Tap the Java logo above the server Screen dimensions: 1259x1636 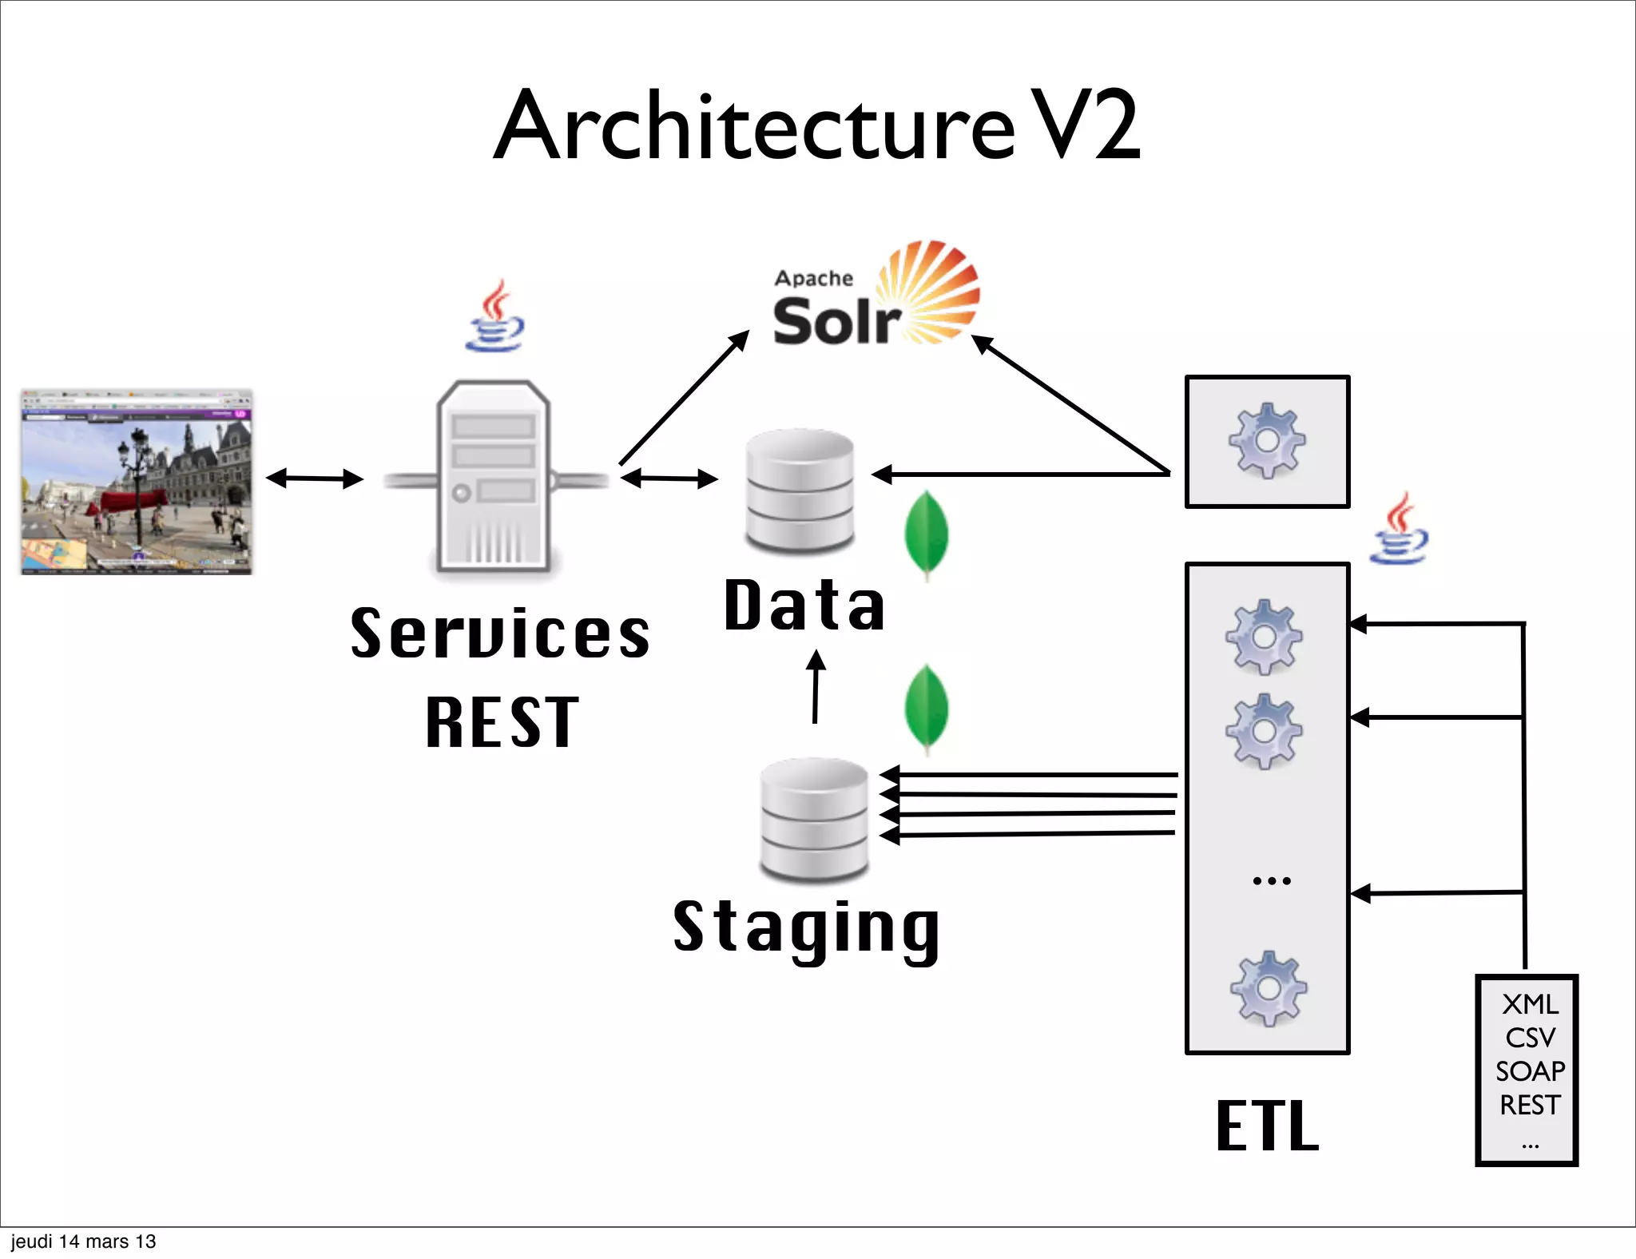click(495, 317)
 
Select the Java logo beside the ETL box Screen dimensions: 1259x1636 click(1399, 529)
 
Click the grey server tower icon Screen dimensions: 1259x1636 click(494, 477)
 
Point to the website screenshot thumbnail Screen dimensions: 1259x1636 click(137, 483)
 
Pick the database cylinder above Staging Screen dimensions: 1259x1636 click(814, 819)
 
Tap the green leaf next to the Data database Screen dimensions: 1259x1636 click(927, 534)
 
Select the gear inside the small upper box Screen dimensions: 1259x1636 click(1267, 441)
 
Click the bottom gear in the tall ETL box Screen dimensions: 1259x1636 click(1268, 988)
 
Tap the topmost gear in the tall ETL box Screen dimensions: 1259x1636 click(1265, 637)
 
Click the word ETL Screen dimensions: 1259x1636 click(1267, 1126)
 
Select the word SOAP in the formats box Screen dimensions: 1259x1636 click(1529, 1071)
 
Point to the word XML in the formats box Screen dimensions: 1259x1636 click(1529, 1004)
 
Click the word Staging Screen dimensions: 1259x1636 click(807, 928)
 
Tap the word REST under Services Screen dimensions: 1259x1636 click(502, 723)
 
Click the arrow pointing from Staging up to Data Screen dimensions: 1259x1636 click(816, 686)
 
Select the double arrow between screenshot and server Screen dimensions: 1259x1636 click(315, 479)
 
